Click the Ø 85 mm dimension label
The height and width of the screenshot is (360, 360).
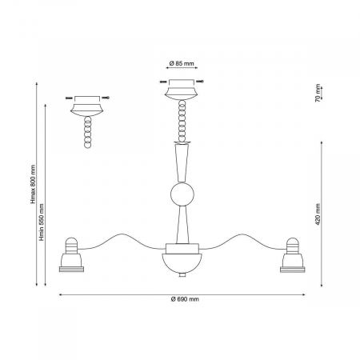click(182, 63)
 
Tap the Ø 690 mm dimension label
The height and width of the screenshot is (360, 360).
click(185, 299)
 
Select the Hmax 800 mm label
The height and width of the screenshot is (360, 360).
click(33, 184)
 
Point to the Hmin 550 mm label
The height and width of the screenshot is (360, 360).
click(42, 222)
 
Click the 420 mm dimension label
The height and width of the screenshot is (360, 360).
click(318, 214)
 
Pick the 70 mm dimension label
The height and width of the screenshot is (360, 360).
click(318, 93)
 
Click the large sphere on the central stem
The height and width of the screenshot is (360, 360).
click(182, 194)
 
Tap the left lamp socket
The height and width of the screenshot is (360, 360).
click(71, 255)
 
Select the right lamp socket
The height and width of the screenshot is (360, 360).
click(293, 255)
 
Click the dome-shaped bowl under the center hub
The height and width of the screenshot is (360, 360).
click(182, 262)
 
